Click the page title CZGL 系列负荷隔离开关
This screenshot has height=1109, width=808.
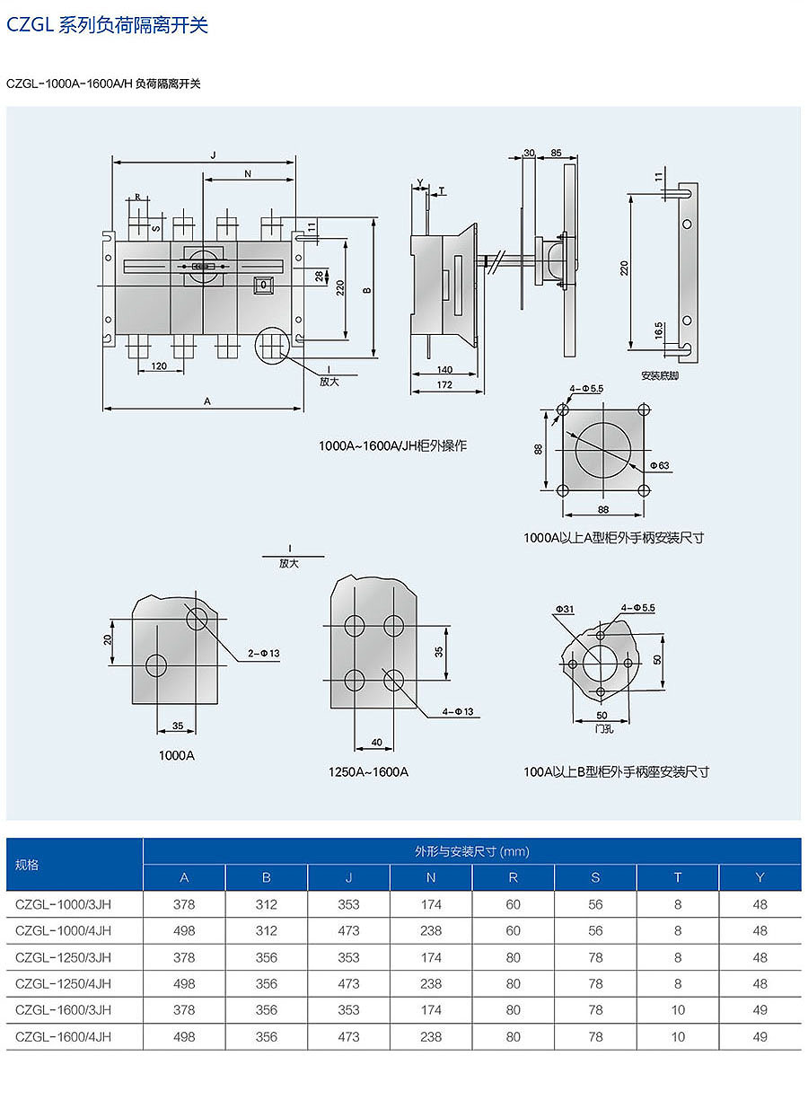108,25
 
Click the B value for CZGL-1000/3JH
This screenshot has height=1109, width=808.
267,905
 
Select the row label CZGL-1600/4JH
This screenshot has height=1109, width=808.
64,1036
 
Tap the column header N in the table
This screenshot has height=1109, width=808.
431,877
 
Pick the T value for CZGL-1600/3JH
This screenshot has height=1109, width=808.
678,1010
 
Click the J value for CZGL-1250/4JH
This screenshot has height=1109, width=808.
349,983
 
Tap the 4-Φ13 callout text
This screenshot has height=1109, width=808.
462,711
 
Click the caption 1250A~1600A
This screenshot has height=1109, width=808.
368,771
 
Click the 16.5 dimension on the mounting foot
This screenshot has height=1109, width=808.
660,330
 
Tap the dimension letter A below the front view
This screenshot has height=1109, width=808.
207,401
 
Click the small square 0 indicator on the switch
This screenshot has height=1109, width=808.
264,286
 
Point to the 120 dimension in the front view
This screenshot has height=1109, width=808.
159,366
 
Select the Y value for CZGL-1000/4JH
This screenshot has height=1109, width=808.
760,931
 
